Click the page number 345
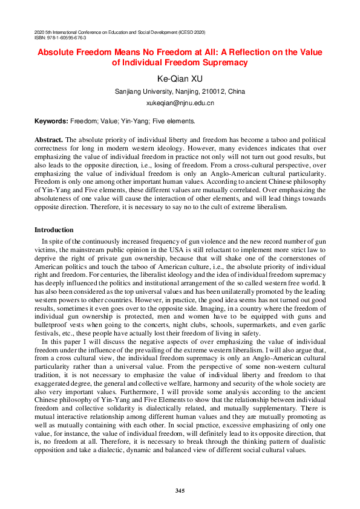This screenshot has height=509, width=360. [x=180, y=490]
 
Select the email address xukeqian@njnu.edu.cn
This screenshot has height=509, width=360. [x=180, y=103]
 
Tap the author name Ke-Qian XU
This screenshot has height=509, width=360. [x=180, y=79]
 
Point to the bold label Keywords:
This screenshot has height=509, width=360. [x=51, y=122]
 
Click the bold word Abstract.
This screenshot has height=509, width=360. [x=48, y=140]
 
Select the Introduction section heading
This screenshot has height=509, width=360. [x=54, y=230]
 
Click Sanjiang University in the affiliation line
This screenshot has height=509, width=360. [x=140, y=91]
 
